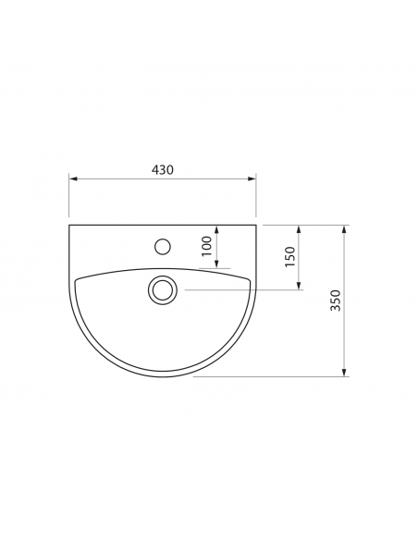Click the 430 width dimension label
[163, 169]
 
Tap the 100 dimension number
[206, 246]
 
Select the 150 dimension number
[289, 256]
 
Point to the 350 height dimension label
[335, 301]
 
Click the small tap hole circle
[163, 247]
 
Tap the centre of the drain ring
[163, 290]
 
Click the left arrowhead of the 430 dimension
[73, 178]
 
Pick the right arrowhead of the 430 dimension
[252, 178]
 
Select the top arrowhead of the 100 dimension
[216, 229]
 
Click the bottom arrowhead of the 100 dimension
[216, 264]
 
